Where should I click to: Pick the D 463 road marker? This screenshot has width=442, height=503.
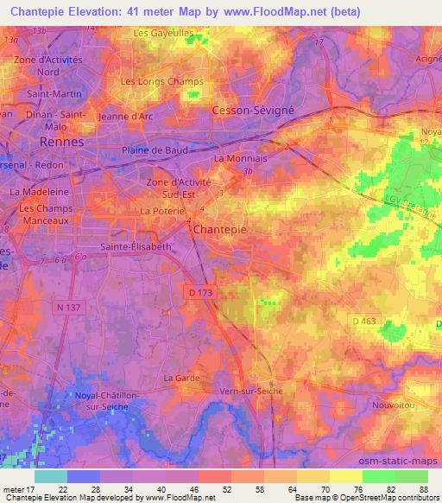pyautogui.click(x=365, y=322)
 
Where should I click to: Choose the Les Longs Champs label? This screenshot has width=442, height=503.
pyautogui.click(x=161, y=82)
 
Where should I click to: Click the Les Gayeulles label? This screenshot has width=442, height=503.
pyautogui.click(x=163, y=33)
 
